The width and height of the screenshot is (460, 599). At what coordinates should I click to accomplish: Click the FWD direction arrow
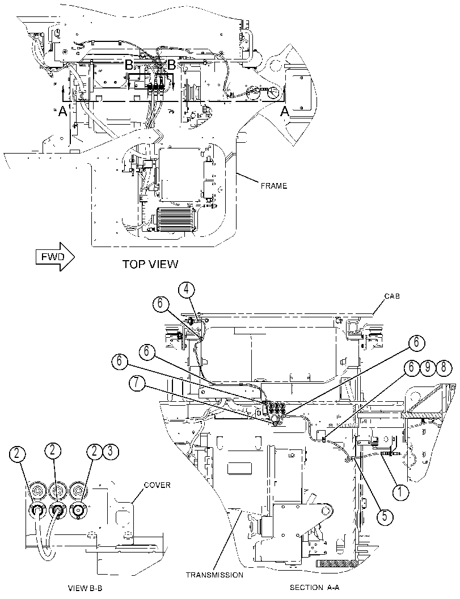pos(56,257)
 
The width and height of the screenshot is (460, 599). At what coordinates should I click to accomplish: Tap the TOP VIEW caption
pos(150,264)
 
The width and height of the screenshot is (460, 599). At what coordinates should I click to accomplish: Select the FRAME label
pos(274,186)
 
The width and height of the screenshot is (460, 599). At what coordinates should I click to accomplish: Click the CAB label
pos(393,296)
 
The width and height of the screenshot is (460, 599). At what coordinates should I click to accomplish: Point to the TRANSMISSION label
pos(214,575)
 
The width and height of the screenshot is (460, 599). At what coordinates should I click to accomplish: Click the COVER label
pos(157,485)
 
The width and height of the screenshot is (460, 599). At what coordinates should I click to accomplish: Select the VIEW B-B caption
pos(85,588)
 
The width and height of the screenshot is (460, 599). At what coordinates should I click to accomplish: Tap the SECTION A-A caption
pos(315,588)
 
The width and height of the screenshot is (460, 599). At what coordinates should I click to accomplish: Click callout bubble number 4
pos(185,290)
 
